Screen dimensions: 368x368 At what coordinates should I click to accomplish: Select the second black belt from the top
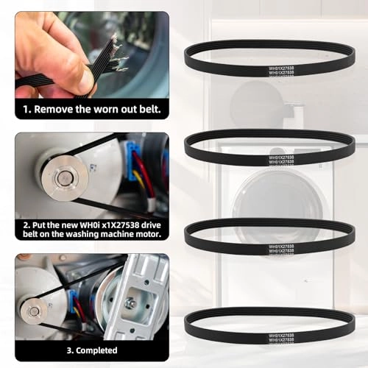pos(269,134)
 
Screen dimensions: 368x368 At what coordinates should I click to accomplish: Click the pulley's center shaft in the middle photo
pos(64,177)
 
